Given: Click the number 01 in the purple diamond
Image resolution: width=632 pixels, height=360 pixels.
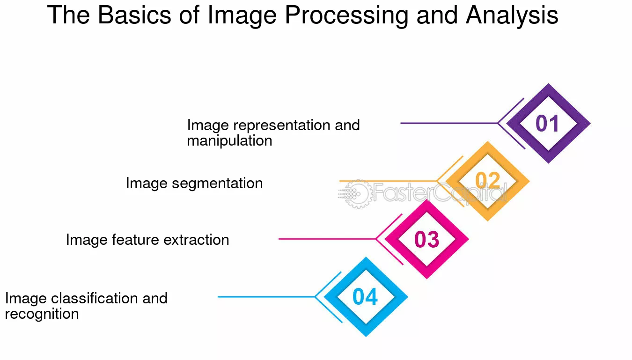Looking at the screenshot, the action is click(x=547, y=124).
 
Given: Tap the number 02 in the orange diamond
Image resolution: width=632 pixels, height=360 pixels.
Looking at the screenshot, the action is click(x=488, y=180).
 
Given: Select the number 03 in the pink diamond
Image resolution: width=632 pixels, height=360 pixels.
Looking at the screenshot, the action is click(x=426, y=240).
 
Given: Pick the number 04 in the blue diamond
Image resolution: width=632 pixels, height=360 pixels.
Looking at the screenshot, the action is click(x=365, y=297).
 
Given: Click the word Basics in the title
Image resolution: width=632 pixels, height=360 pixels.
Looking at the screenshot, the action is click(x=134, y=15).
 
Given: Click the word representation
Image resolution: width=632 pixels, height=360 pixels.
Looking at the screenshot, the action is click(x=281, y=125).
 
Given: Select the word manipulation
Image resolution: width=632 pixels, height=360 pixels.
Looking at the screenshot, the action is click(x=229, y=141).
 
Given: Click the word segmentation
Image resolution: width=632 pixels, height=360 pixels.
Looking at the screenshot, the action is click(x=217, y=184).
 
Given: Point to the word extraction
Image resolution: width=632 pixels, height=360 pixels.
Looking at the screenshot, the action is click(x=196, y=240).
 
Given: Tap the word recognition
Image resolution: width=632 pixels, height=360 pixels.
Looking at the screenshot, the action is click(x=42, y=314).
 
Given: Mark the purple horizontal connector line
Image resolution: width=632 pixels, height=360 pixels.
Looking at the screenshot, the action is click(x=449, y=123).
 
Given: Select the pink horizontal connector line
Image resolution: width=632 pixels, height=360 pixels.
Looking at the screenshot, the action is click(x=327, y=239).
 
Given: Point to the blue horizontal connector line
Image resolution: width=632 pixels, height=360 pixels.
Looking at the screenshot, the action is click(x=266, y=297).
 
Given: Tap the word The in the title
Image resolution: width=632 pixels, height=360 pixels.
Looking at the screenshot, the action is click(x=68, y=15).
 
